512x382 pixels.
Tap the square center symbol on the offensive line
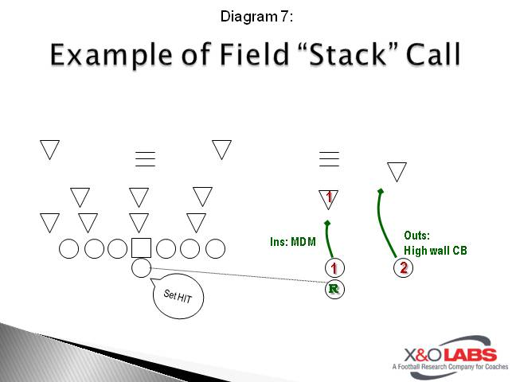coord(141,248)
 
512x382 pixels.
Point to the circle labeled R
coord(334,289)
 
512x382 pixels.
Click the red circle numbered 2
coord(404,267)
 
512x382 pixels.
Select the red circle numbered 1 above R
coord(334,268)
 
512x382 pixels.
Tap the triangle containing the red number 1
coord(329,197)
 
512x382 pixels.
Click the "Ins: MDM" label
coord(293,241)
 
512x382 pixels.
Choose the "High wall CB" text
coord(436,250)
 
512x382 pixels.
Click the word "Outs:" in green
coord(417,236)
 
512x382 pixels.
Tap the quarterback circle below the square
coord(141,268)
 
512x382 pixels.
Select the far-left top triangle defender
coord(50,148)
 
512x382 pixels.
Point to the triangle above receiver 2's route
coord(397,170)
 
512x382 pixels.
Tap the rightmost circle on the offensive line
coord(215,249)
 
